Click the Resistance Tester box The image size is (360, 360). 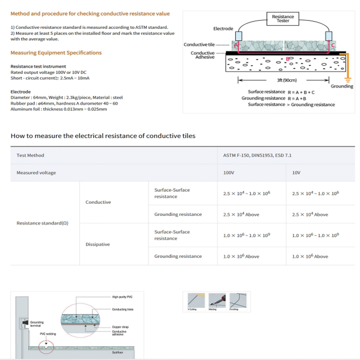283,19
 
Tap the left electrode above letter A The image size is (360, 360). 238,36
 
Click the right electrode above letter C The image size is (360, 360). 329,36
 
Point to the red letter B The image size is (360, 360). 287,59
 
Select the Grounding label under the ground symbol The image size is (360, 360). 342,86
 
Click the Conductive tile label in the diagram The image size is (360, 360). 199,45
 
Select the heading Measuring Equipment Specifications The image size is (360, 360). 56,53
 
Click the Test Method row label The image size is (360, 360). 30,156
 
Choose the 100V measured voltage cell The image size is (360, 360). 229,173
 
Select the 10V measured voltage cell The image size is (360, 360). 296,173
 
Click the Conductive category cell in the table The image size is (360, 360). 98,202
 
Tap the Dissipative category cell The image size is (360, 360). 98,244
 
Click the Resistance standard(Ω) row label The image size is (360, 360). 42,223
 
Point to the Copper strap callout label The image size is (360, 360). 120,327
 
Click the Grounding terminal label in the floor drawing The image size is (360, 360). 37,324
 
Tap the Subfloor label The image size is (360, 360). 118,352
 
